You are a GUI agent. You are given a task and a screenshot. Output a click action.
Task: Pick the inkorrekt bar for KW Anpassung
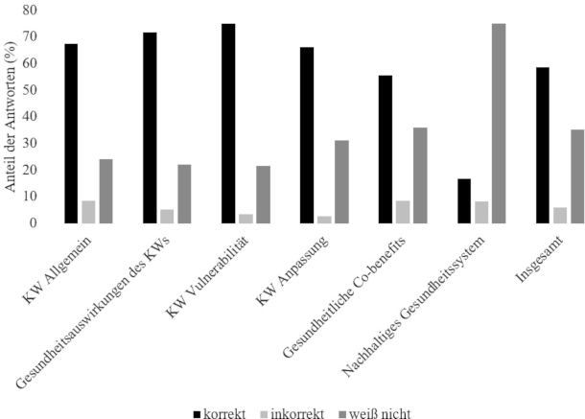pyautogui.click(x=324, y=219)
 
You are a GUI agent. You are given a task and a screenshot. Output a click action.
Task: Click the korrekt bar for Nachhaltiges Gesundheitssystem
pyautogui.click(x=464, y=200)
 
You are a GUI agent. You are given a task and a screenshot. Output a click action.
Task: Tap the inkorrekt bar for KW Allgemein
pyautogui.click(x=88, y=211)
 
